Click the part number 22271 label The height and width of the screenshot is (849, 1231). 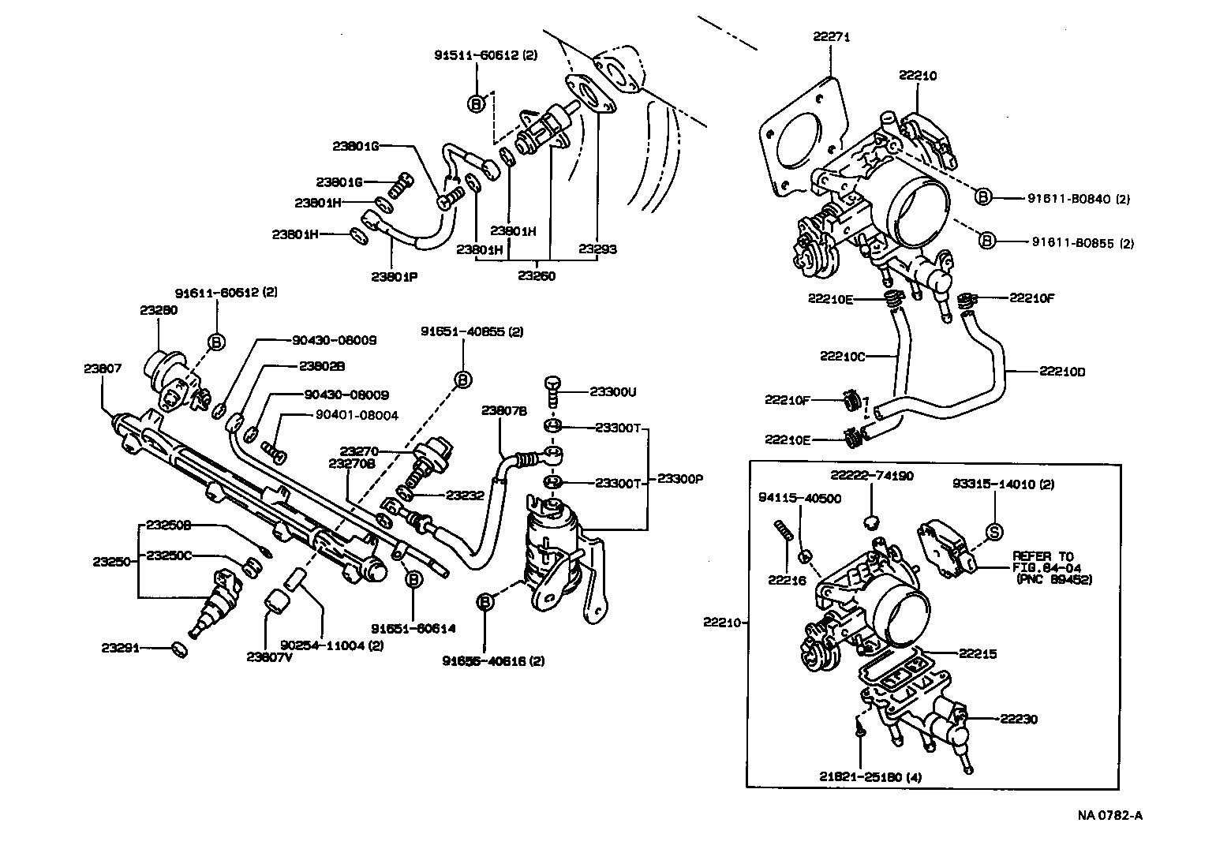point(833,36)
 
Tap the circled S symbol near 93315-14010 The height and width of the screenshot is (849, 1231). point(994,531)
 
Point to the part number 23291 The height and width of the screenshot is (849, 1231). point(120,648)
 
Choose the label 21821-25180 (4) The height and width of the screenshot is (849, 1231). point(870,777)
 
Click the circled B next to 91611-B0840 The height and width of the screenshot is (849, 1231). point(983,197)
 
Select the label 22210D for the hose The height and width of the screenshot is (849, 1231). point(1062,372)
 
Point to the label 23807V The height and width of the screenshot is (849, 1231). point(269,656)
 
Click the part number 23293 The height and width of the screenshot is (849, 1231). point(597,249)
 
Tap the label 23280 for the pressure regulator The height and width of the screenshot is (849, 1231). point(159,310)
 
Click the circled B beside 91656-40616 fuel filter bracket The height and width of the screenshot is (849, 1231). point(485,603)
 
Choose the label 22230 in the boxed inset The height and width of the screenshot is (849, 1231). point(1019,719)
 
